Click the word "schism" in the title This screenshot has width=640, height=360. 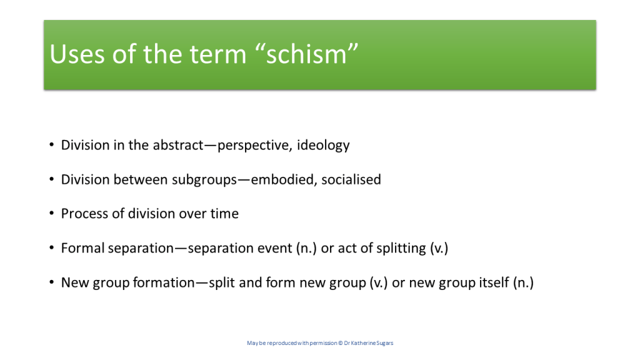(306, 54)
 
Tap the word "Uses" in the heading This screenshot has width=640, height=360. (77, 54)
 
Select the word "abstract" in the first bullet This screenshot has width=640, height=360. (178, 145)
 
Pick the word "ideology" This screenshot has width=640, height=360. (323, 146)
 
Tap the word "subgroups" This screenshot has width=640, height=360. (204, 180)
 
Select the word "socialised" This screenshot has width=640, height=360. (351, 179)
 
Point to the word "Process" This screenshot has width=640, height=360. (85, 214)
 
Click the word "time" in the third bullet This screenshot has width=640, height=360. (224, 214)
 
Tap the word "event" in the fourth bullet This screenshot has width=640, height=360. (276, 248)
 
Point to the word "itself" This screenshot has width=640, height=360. (495, 282)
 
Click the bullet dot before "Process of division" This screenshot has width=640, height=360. (51, 213)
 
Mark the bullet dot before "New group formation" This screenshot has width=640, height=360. (51, 282)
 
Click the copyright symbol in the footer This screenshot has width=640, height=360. (341, 343)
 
